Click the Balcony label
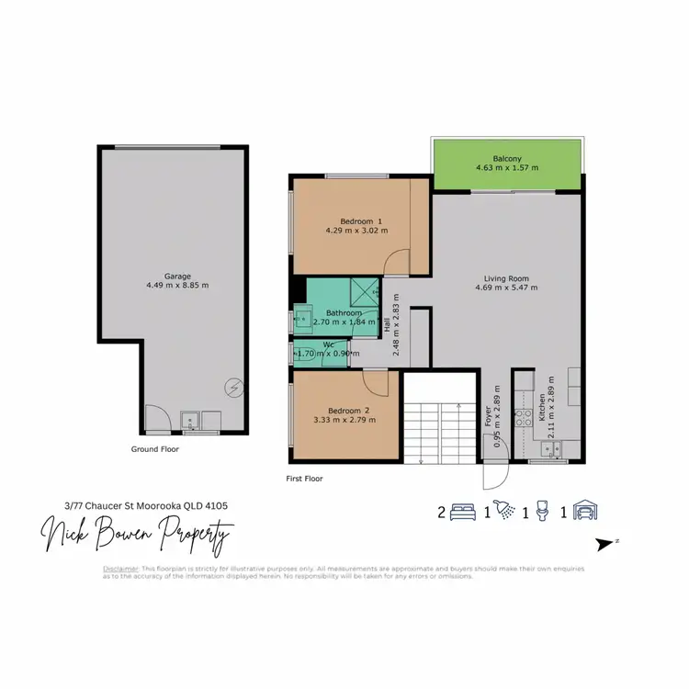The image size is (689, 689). click(507, 157)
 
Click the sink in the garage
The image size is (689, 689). click(194, 423)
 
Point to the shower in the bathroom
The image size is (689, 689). click(365, 292)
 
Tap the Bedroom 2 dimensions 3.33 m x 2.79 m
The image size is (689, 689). click(345, 420)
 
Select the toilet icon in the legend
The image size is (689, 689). click(543, 512)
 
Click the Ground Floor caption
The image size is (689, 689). click(155, 450)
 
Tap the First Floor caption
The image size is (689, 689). click(304, 479)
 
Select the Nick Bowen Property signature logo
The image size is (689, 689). click(137, 534)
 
